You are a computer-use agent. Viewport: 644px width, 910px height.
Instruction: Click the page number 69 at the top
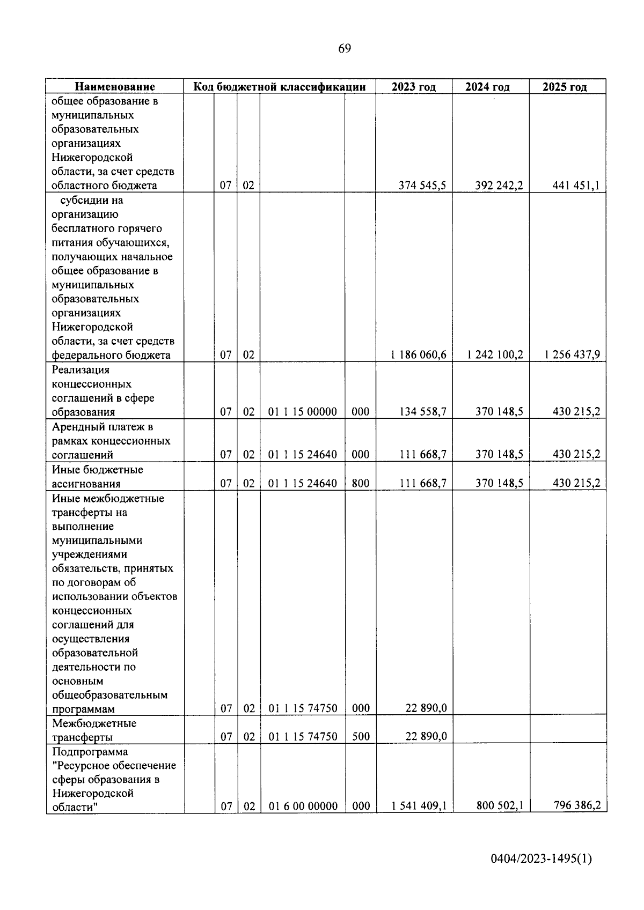(345, 49)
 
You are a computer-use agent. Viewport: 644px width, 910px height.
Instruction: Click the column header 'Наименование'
(115, 87)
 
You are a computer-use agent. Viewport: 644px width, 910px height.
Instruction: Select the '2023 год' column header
(413, 87)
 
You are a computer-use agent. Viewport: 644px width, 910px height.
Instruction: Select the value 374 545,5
(422, 186)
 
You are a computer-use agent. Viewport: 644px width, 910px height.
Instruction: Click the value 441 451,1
(576, 186)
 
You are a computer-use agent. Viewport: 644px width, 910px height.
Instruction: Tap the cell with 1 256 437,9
(572, 355)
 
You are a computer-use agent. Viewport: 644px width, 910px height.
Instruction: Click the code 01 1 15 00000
(303, 412)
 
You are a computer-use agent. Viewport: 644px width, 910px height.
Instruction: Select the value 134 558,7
(422, 412)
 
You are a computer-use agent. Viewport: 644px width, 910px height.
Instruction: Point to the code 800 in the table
(361, 483)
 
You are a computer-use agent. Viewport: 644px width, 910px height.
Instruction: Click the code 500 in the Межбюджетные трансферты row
(361, 737)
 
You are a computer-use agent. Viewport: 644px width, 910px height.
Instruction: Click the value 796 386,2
(576, 805)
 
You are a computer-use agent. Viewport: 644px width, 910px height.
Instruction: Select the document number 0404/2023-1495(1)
(541, 859)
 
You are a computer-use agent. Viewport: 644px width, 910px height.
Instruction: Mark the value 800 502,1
(500, 805)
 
